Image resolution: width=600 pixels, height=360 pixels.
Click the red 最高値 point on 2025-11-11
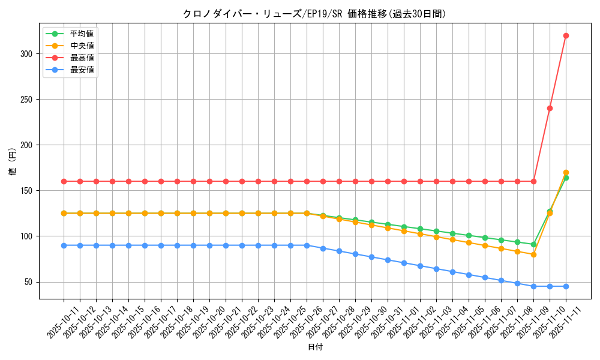point(566,35)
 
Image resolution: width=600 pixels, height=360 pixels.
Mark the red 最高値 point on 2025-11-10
point(550,109)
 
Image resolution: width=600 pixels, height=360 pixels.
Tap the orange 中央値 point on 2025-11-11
point(566,172)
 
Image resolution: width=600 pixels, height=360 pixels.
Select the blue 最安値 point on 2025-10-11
point(64,245)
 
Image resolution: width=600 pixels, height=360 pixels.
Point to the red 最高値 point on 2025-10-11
point(64,181)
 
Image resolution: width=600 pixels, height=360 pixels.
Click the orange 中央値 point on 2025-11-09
point(533,254)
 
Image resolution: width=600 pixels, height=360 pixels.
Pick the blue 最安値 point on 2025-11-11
point(566,286)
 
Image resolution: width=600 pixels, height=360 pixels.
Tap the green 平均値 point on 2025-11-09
point(533,244)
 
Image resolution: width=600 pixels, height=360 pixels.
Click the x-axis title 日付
point(315,347)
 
